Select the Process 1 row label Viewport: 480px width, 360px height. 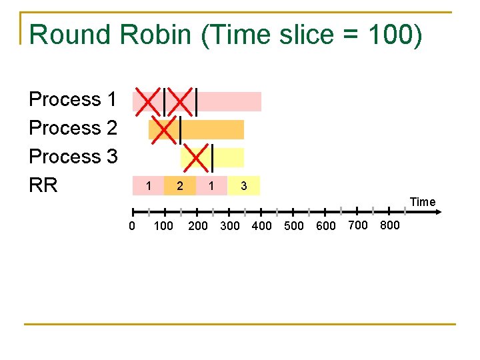click(73, 100)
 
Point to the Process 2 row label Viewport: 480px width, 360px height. click(73, 128)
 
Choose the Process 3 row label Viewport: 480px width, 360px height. click(73, 157)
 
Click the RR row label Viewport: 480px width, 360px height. click(43, 185)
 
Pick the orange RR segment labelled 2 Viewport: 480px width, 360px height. click(180, 186)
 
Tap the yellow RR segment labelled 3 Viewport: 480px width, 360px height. click(244, 186)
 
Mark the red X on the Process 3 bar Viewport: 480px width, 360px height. click(196, 157)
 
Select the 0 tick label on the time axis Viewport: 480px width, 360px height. click(132, 226)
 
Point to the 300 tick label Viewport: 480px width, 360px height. click(229, 226)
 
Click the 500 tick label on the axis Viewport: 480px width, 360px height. click(294, 226)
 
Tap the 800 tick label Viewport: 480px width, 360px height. click(389, 225)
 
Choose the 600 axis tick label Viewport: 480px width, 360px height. click(326, 226)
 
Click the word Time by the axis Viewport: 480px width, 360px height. click(423, 202)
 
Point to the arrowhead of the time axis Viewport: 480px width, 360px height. click(440, 212)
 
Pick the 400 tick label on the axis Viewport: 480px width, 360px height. click(262, 226)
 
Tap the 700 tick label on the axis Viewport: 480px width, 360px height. click(358, 225)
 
